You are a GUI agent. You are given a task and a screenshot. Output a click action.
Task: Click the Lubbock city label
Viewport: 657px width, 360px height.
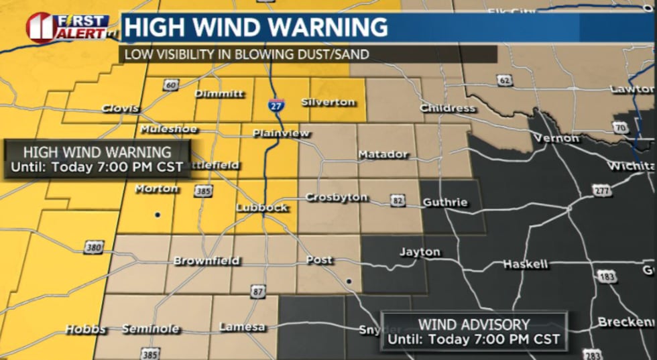[261, 208]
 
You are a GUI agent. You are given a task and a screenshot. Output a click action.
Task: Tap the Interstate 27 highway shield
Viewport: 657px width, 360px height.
[275, 105]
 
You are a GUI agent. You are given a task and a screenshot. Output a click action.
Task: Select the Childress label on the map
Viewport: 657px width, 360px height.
[447, 108]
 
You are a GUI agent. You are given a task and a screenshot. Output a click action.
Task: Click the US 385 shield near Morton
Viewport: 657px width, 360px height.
[204, 192]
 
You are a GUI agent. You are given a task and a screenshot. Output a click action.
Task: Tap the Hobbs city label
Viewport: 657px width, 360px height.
[85, 329]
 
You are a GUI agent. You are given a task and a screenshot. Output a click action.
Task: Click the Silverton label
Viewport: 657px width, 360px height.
[328, 102]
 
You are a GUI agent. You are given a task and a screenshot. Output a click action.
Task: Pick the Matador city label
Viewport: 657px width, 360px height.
[383, 155]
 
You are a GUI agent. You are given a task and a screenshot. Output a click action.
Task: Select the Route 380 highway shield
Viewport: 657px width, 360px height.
[94, 249]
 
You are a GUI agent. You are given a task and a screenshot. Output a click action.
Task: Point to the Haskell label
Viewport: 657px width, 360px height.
[526, 264]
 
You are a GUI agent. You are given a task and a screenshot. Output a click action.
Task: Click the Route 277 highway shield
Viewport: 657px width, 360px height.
[602, 191]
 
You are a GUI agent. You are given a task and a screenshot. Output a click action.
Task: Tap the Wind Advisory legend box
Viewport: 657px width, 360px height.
[474, 331]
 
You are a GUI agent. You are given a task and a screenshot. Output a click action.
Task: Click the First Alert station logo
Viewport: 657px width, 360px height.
[67, 27]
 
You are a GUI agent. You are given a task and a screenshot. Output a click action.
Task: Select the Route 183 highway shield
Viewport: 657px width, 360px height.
[607, 276]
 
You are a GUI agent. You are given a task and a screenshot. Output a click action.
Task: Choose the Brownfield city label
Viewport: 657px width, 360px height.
[206, 261]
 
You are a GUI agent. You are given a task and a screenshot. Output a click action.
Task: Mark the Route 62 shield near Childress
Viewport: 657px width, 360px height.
[504, 80]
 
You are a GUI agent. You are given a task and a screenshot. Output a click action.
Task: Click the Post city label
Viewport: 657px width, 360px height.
[318, 260]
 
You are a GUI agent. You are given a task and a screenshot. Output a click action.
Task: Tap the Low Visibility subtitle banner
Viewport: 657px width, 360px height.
[308, 54]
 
